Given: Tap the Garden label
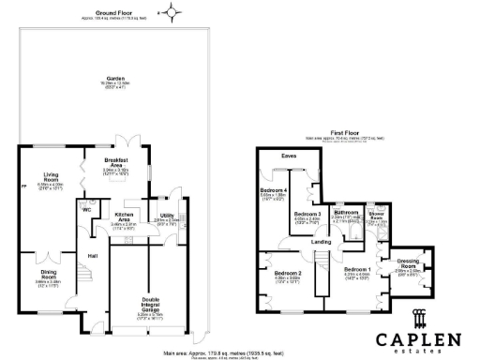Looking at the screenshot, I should coord(115,78).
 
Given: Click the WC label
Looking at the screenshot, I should coord(85,210).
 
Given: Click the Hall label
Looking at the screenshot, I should coord(93,255).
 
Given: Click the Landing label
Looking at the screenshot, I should coord(321,241).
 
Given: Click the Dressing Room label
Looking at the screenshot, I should coord(406,262).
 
